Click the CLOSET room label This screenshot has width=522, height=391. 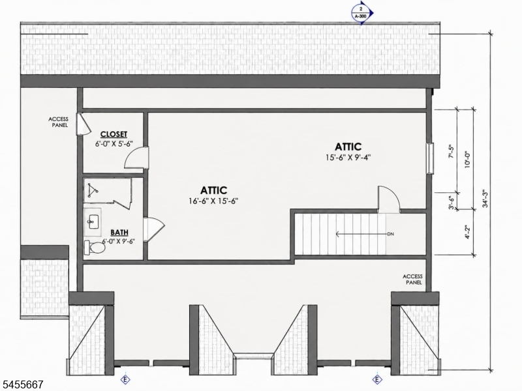click(114, 134)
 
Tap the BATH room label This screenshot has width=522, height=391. click(119, 232)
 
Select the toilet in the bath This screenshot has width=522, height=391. click(95, 248)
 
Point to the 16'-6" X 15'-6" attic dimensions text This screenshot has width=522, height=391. click(213, 201)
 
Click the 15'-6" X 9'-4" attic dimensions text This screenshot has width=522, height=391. click(348, 157)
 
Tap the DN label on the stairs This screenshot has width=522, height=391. click(390, 234)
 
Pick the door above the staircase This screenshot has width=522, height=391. click(388, 199)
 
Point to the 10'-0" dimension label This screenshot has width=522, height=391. click(467, 160)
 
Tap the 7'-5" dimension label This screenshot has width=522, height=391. click(451, 151)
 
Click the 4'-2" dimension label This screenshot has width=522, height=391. click(468, 233)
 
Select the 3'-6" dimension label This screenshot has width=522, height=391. click(451, 203)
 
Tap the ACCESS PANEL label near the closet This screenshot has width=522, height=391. click(58, 122)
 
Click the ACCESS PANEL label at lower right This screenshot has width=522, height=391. click(413, 280)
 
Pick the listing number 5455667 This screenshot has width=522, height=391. click(22, 384)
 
